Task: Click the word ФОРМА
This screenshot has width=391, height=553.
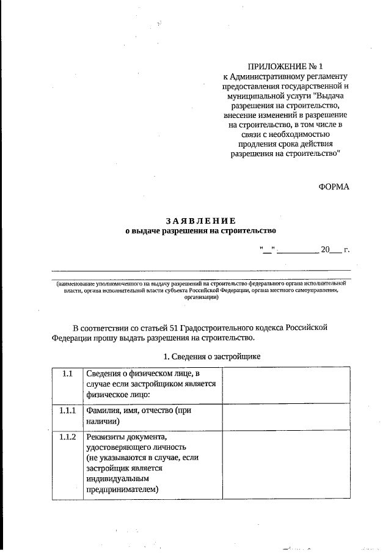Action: [334, 186]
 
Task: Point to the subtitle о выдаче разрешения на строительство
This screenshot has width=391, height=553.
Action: [200, 231]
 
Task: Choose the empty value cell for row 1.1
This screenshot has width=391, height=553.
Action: [286, 384]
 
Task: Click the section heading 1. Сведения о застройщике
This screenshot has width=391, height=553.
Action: [200, 356]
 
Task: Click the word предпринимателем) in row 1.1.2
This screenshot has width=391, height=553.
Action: [122, 489]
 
